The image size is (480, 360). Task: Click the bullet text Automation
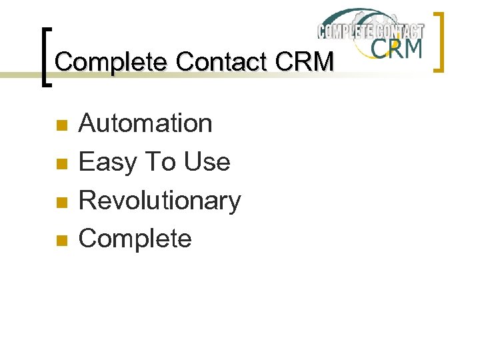tap(145, 123)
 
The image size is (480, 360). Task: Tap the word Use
tap(207, 162)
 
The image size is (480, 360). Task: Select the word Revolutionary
tap(160, 201)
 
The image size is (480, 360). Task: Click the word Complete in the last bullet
tap(135, 239)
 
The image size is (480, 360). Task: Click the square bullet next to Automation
tap(61, 125)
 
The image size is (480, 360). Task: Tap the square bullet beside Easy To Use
tap(61, 163)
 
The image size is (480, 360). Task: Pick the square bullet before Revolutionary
tap(61, 202)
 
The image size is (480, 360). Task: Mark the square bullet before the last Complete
tap(61, 240)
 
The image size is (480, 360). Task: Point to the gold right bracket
tap(439, 41)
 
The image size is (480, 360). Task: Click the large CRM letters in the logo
tap(396, 49)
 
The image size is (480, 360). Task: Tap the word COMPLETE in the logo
tap(344, 31)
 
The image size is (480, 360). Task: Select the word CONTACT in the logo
tap(398, 31)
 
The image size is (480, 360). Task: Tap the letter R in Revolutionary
tap(87, 201)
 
